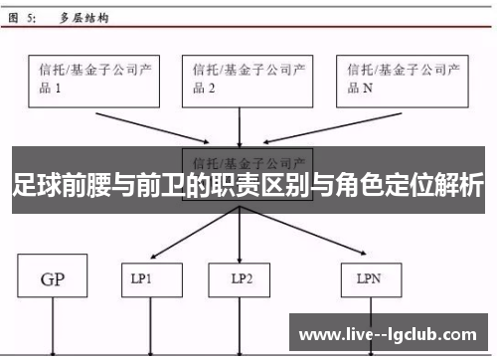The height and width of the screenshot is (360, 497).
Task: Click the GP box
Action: click(x=52, y=281)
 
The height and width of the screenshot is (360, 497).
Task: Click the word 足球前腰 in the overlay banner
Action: click(x=54, y=186)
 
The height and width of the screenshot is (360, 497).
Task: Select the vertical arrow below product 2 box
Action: click(x=240, y=127)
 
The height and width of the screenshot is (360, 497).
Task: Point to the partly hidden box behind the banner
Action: click(x=248, y=160)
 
